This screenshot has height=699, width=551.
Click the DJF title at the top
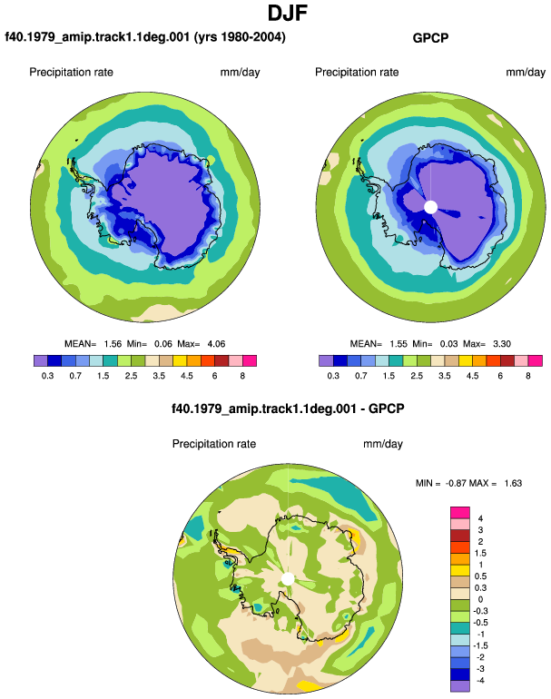coord(288,13)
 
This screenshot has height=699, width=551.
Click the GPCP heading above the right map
coord(430,38)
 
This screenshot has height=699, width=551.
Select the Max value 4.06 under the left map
coord(216,344)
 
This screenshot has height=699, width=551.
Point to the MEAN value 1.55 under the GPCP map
coord(398,344)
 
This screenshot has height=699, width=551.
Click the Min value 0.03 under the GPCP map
coord(448,344)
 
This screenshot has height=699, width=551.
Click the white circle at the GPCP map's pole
coord(430,207)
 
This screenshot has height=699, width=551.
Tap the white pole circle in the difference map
coord(288,579)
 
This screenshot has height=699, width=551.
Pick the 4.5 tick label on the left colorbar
coord(187,376)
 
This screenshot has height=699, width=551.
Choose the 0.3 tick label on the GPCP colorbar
coord(333,376)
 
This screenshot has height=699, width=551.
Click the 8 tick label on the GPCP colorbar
coord(528,376)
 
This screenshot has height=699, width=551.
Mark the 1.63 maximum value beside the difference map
coord(513,483)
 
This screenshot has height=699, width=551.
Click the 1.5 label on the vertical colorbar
coord(480,553)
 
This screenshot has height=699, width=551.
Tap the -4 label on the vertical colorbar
coord(479,680)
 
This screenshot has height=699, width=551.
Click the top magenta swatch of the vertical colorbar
coord(460,513)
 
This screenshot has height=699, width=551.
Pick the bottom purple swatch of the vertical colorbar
coord(460,686)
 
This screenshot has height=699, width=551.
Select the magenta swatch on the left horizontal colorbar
coord(250,360)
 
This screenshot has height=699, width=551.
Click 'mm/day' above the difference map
coord(383,444)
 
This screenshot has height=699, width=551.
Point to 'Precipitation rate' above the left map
coord(72,73)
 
